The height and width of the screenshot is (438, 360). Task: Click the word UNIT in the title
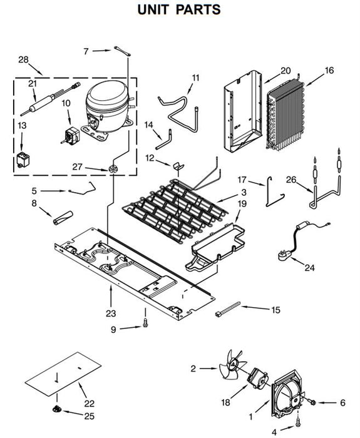pyautogui.click(x=153, y=9)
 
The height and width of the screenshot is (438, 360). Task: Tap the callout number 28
pyautogui.click(x=24, y=59)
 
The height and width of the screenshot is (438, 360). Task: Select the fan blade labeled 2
pyautogui.click(x=232, y=364)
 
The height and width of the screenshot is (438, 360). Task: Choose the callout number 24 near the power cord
pyautogui.click(x=309, y=268)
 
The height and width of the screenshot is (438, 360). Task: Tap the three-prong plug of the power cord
pyautogui.click(x=284, y=256)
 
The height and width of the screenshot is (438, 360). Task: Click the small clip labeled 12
pyautogui.click(x=178, y=166)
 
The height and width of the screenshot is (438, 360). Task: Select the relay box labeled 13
pyautogui.click(x=23, y=160)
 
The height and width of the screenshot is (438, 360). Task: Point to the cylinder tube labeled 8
pyautogui.click(x=63, y=218)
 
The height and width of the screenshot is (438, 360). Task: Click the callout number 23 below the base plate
pyautogui.click(x=111, y=313)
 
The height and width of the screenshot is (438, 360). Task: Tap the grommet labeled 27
pyautogui.click(x=113, y=170)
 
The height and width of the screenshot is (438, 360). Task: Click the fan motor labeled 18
pyautogui.click(x=258, y=378)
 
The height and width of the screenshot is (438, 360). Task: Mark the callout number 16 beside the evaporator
pyautogui.click(x=329, y=70)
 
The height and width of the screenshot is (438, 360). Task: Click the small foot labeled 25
pyautogui.click(x=57, y=409)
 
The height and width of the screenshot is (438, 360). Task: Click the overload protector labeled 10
pyautogui.click(x=71, y=136)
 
